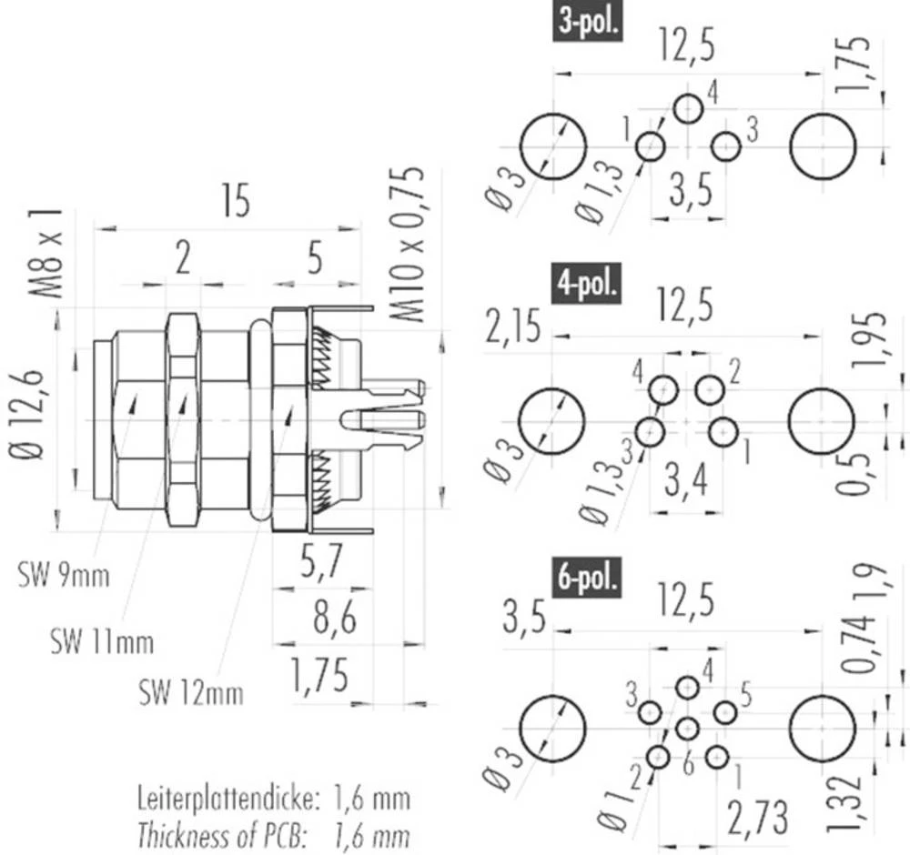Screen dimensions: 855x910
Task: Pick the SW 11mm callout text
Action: tap(102, 643)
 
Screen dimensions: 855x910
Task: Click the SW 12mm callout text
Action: tap(191, 694)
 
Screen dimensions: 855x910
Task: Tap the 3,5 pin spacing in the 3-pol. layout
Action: tap(689, 194)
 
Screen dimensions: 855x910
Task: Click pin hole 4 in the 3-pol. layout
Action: tap(688, 108)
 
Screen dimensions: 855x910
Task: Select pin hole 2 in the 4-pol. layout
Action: tap(710, 390)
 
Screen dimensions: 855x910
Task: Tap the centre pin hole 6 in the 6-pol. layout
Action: tap(688, 728)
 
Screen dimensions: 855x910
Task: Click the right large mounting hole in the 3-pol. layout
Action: tap(823, 146)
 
